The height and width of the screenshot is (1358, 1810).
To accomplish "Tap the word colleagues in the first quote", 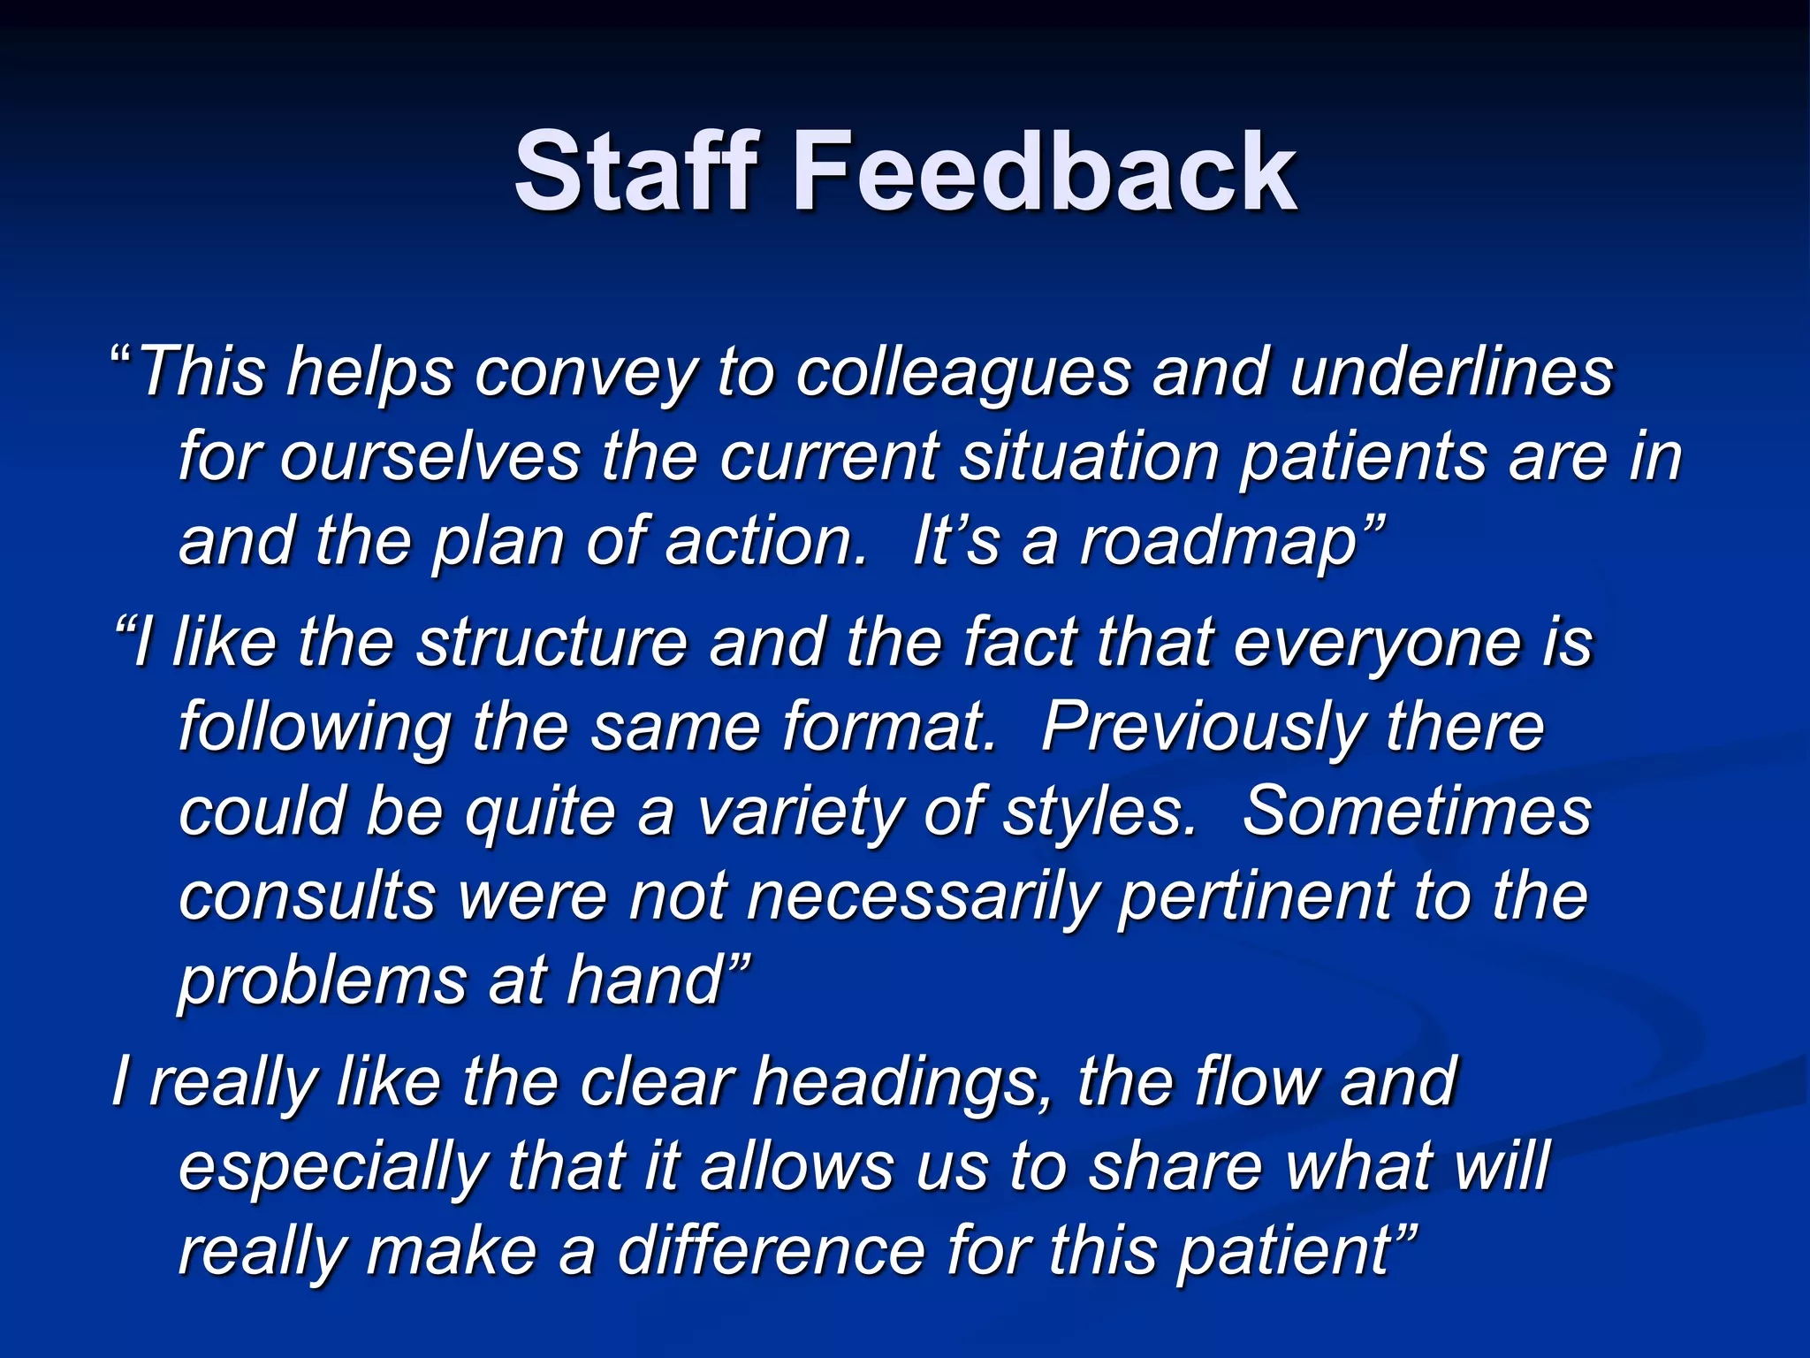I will click(x=962, y=372).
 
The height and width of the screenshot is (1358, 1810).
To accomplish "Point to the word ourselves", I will click(x=430, y=457).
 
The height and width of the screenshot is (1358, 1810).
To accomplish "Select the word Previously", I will click(x=1202, y=729).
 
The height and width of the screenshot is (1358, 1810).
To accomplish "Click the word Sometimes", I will click(x=1416, y=812).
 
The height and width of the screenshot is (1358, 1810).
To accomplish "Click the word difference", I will click(x=771, y=1252).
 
